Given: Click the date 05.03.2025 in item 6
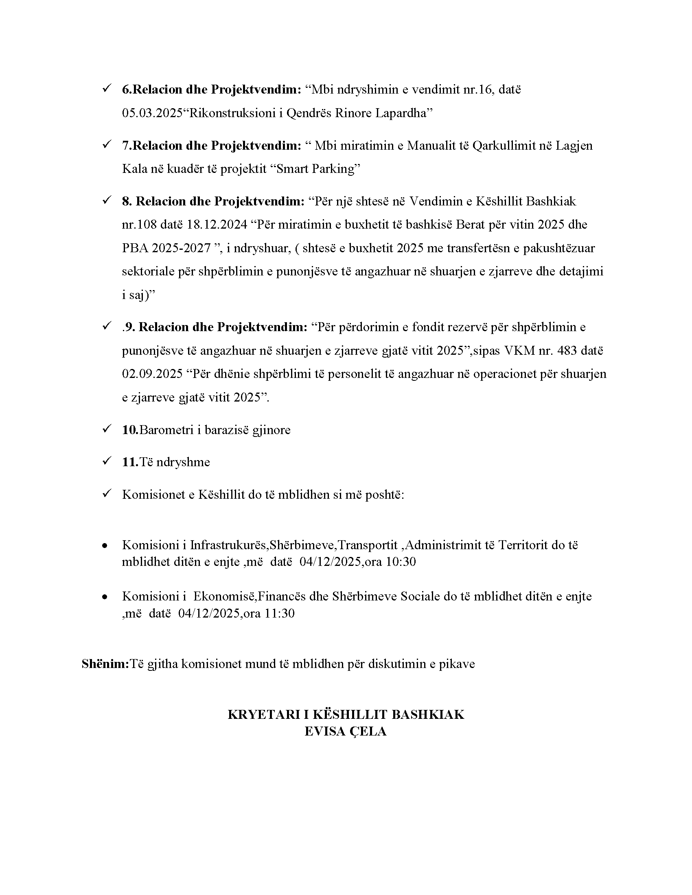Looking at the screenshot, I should click(x=152, y=113).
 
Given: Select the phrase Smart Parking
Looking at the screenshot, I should click(x=315, y=169).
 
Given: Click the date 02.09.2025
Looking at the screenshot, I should click(x=152, y=374).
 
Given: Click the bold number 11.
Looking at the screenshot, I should click(x=130, y=462).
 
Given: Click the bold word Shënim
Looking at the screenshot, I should click(x=105, y=664).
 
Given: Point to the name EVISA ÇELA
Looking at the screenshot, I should click(x=346, y=731).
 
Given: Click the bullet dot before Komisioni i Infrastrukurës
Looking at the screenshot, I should click(x=105, y=546).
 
